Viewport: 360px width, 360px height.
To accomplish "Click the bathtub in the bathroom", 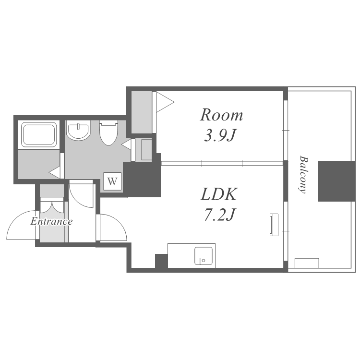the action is point(39,135).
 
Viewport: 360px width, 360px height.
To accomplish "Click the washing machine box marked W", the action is point(112,181).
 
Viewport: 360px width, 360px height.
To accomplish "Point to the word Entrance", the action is point(51,222).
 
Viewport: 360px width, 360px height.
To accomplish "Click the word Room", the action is point(221,115).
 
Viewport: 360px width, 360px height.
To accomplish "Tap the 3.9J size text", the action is point(220,135).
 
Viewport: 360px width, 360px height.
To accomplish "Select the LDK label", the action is point(218,194).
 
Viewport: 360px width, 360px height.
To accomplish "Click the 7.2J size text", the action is point(219,215).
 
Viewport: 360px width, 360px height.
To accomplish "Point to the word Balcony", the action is point(303,175).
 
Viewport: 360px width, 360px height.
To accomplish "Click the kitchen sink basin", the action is point(204,256).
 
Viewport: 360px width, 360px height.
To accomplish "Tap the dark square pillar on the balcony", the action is point(336,181).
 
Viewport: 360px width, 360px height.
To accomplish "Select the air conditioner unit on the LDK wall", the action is point(274,225).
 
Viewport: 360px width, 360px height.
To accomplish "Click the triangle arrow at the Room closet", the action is point(165,102).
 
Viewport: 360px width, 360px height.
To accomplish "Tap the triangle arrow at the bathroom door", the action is point(55,172).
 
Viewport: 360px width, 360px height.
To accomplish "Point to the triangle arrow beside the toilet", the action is point(126,144).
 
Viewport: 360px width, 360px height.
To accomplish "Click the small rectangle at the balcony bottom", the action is point(307,263).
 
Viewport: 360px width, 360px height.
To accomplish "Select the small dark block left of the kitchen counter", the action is point(161,261).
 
